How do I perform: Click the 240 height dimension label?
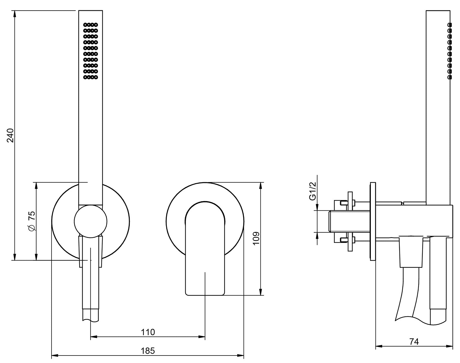tap(10, 135)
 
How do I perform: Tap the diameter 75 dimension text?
tap(32, 221)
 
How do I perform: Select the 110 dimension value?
tap(147, 332)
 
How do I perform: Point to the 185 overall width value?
tap(148, 351)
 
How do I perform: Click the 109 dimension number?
tap(256, 238)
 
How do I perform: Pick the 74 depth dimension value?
tap(414, 342)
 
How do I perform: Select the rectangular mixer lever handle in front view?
tap(205, 248)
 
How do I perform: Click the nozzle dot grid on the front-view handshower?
tap(90, 51)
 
